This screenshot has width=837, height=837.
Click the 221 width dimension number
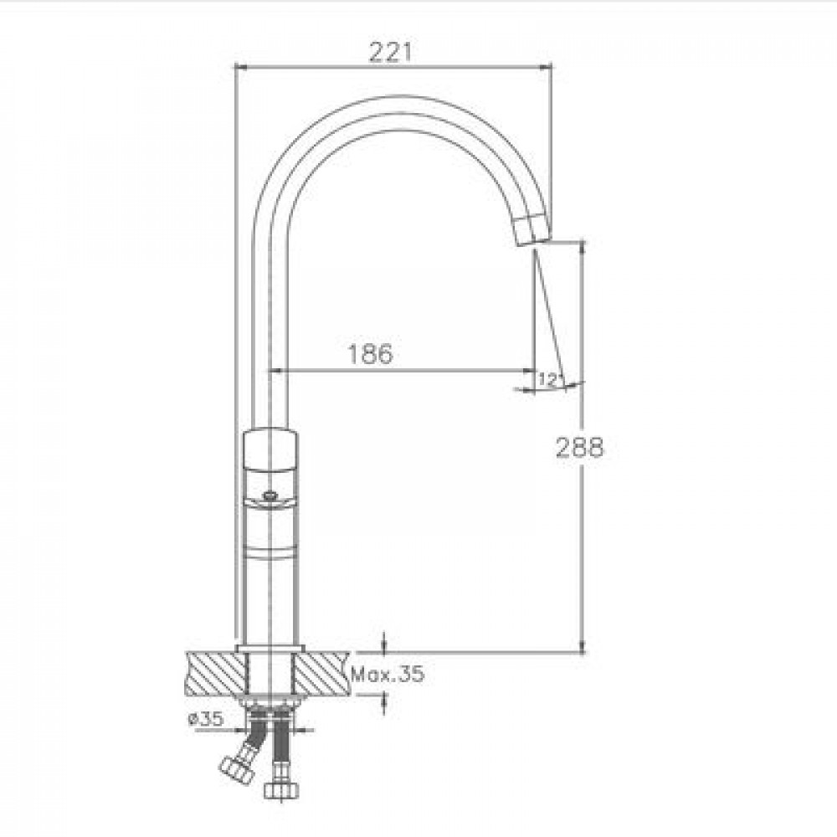[391, 52]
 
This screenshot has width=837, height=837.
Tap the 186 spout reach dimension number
[370, 353]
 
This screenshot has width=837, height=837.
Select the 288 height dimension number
[580, 447]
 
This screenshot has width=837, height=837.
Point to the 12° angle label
[549, 379]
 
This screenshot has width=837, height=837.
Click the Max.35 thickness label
[388, 674]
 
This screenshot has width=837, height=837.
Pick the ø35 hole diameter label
[206, 719]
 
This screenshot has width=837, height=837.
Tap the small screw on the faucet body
[270, 496]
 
